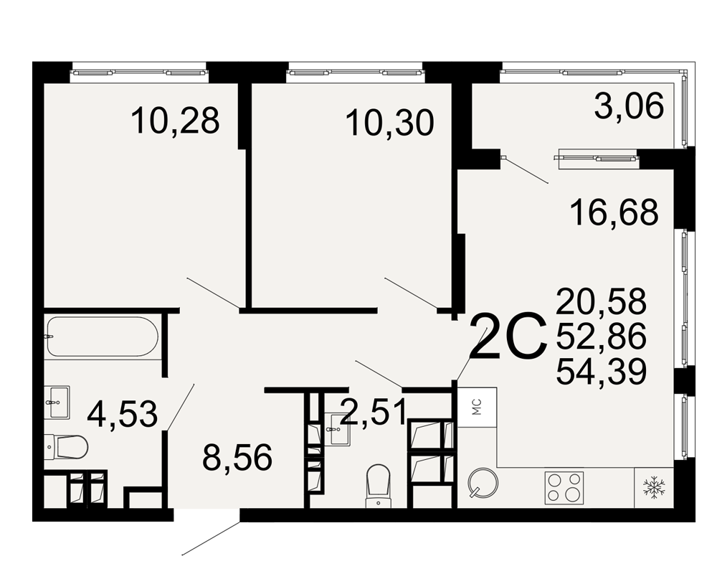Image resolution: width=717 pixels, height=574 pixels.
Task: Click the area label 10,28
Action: click(175, 121)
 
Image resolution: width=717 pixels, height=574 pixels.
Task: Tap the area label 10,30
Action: click(389, 123)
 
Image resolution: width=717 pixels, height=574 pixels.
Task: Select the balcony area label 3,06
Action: click(629, 105)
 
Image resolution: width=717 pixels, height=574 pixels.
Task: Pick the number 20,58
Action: click(602, 301)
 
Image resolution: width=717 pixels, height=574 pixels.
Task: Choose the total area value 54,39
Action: click(602, 371)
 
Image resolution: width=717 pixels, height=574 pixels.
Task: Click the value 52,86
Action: click(602, 336)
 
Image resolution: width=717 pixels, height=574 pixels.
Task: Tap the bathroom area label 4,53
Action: click(122, 413)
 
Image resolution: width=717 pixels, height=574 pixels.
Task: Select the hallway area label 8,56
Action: click(237, 457)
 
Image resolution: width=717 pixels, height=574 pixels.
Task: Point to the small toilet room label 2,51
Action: click(373, 411)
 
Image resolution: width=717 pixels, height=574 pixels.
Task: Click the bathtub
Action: click(103, 337)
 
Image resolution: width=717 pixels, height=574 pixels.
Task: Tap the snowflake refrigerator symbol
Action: click(654, 488)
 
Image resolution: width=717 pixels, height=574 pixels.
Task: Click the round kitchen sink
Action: click(483, 482)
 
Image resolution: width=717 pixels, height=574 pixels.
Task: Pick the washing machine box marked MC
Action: click(477, 407)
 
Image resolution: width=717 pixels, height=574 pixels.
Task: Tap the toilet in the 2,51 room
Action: click(378, 486)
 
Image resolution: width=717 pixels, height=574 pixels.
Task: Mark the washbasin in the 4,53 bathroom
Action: click(57, 402)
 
